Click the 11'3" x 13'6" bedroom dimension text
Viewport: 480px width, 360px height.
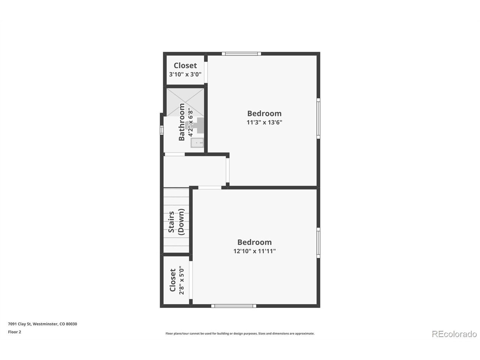point(264,122)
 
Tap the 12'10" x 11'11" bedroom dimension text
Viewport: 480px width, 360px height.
point(254,251)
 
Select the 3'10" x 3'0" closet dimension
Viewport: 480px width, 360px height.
point(185,74)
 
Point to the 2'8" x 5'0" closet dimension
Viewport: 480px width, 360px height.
point(182,280)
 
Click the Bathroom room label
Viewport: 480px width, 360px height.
point(181,122)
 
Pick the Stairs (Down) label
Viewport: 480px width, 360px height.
point(176,222)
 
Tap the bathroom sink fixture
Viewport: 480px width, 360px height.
point(197,143)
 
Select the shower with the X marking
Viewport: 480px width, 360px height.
point(185,102)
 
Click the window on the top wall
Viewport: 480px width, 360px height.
point(241,54)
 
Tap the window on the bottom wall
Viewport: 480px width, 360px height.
point(234,306)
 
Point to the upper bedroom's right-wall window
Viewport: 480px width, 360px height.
point(318,118)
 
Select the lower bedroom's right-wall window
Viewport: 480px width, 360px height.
point(318,243)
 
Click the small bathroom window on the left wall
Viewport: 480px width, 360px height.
point(162,130)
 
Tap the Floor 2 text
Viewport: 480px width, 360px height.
point(14,332)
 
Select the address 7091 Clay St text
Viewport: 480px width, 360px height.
point(19,324)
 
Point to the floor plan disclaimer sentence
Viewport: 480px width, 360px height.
point(240,333)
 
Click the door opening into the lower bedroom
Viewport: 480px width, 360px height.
point(210,187)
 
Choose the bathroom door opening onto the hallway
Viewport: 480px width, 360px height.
point(175,154)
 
